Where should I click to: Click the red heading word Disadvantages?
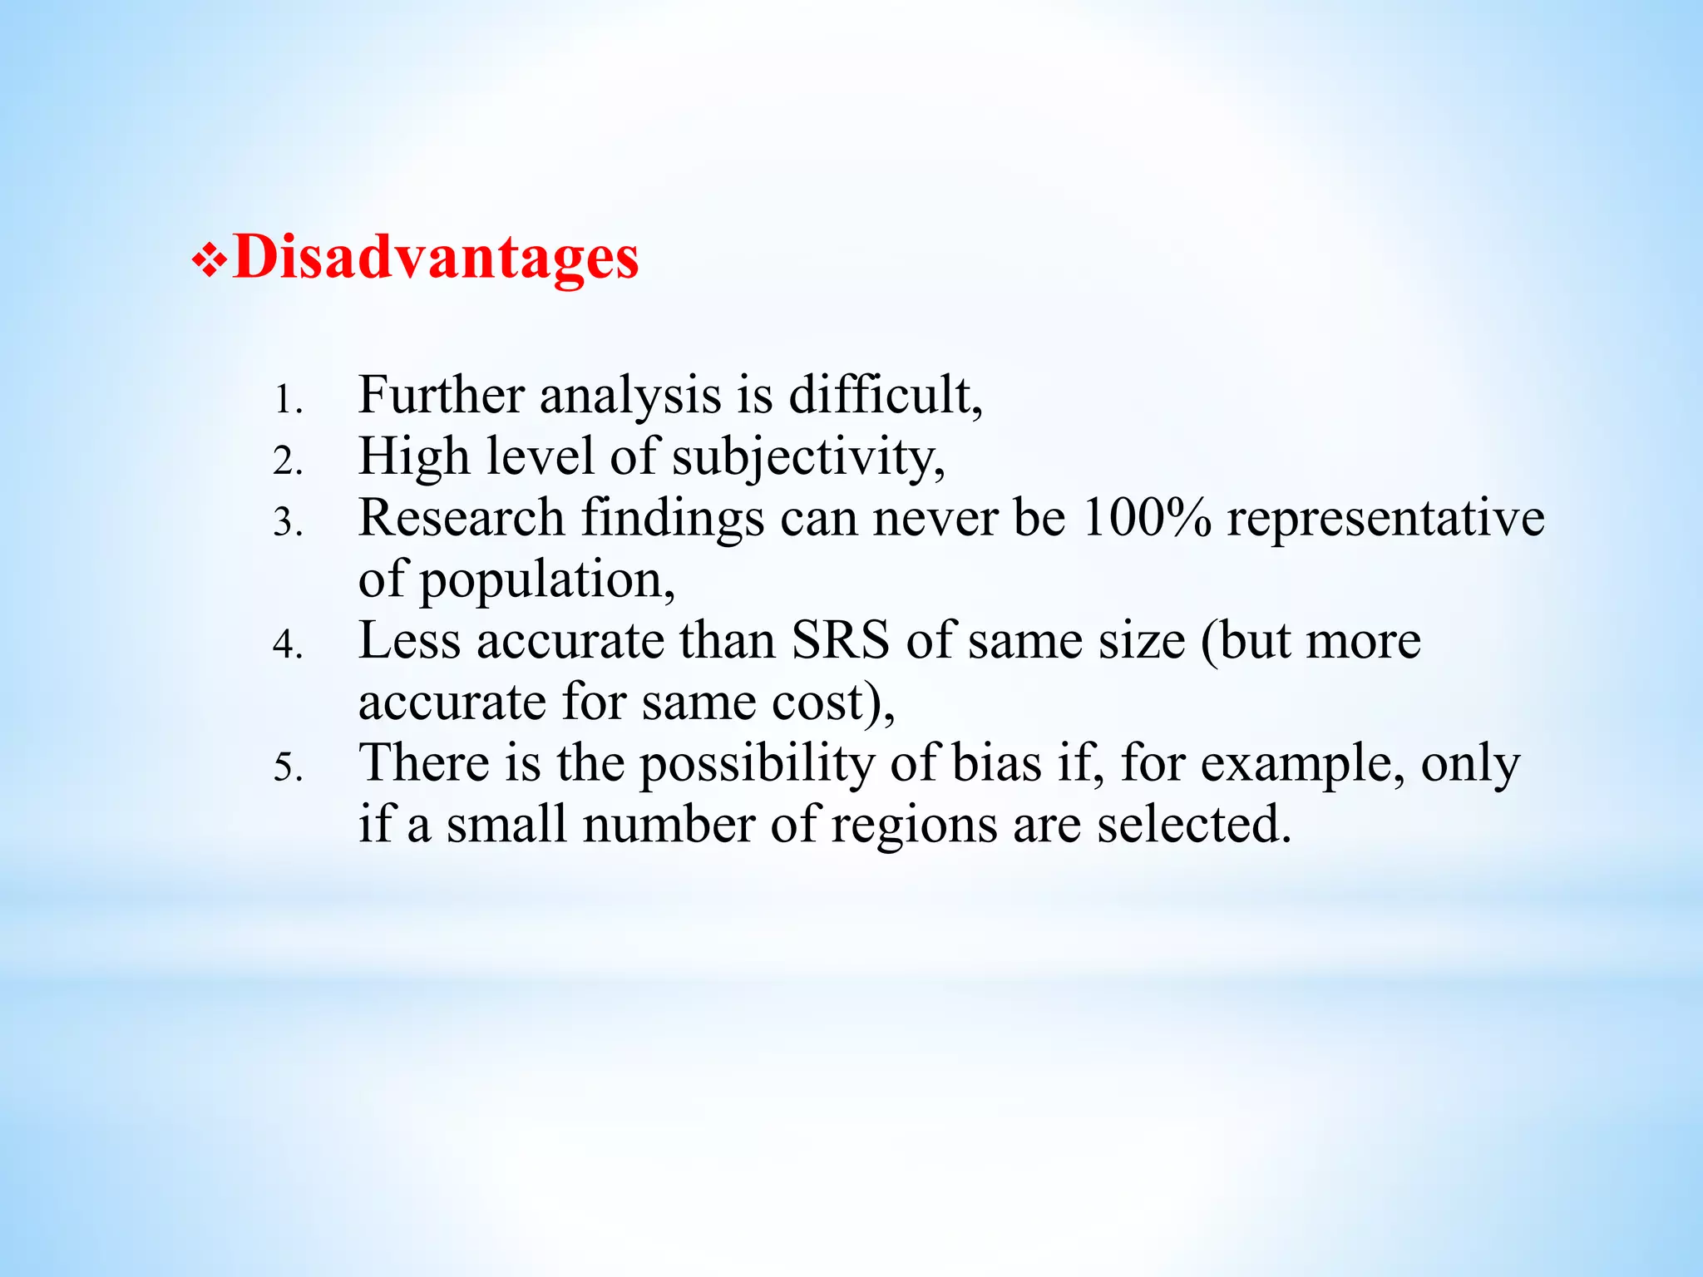(436, 257)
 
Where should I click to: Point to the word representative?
(1385, 519)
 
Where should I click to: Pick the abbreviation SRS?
(839, 640)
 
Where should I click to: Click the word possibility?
(756, 764)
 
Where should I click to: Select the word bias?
(995, 762)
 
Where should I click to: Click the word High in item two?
(413, 457)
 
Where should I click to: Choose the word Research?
(462, 517)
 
